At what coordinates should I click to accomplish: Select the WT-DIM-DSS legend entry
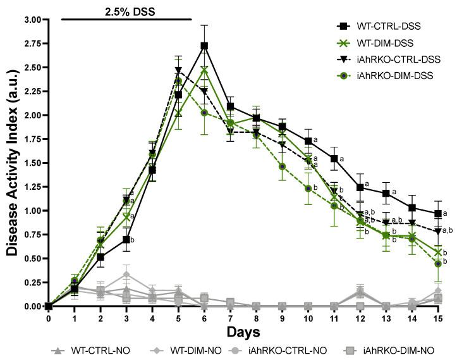[x=386, y=43]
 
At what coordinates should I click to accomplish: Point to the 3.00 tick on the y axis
[x=31, y=20]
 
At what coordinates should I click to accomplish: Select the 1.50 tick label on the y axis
[x=31, y=163]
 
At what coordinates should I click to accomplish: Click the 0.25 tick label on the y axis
[x=31, y=282]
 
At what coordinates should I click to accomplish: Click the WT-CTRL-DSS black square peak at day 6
[x=204, y=46]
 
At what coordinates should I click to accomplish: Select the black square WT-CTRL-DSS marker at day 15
[x=438, y=214]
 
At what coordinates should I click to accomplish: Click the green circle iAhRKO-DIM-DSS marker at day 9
[x=283, y=166]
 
